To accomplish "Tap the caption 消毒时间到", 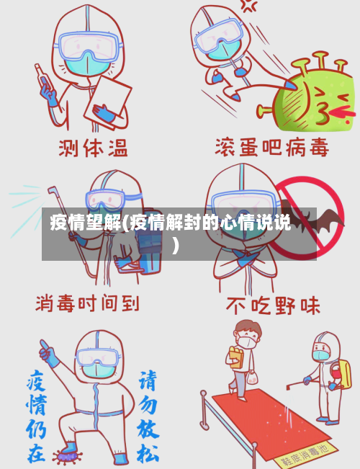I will [x=87, y=303].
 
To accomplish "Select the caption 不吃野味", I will [x=273, y=305].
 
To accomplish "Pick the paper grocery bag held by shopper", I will [x=234, y=359].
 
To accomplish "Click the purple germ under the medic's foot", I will [x=68, y=455].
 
